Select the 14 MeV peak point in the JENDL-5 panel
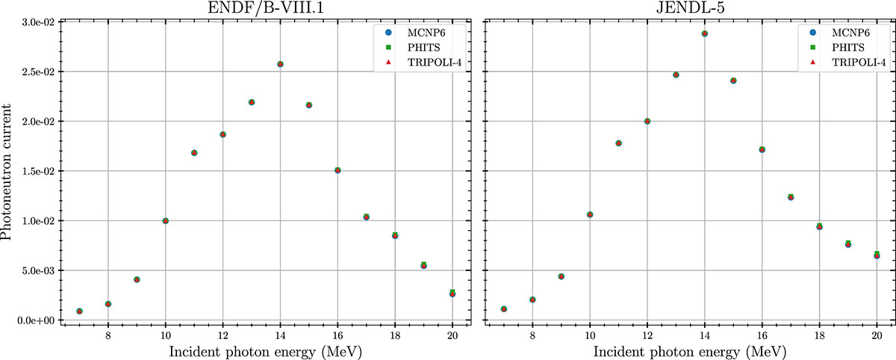click(705, 34)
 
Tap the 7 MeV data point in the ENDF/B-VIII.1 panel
click(79, 311)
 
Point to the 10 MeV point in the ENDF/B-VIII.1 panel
click(165, 221)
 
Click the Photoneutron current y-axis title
click(8, 171)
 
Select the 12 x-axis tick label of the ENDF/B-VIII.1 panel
click(223, 335)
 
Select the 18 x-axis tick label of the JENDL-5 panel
click(820, 335)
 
